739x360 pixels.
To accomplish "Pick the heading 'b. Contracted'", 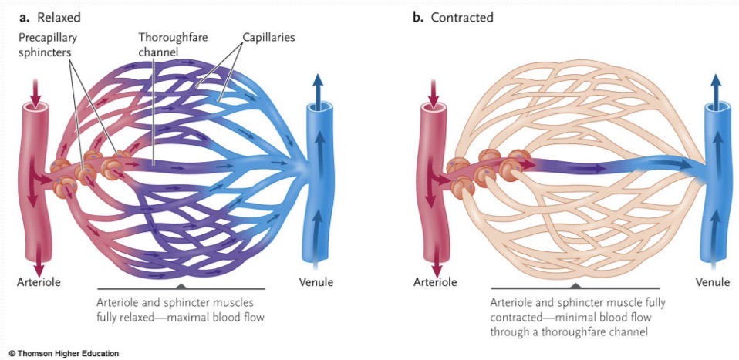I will click(453, 16).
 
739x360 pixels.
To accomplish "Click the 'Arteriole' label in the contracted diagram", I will click(434, 282).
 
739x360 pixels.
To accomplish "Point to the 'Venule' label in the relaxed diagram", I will click(316, 282).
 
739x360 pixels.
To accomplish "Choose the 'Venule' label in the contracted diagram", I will click(712, 282).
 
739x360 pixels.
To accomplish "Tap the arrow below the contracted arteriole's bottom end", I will click(434, 261).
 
